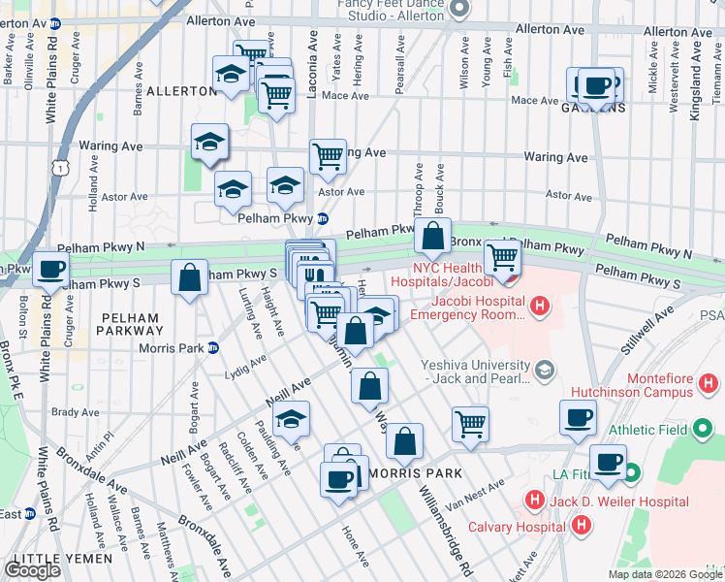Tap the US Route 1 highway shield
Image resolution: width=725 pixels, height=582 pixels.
[62, 169]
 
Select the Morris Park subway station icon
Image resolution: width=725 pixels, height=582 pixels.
[213, 348]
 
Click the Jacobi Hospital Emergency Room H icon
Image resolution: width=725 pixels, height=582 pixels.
[541, 308]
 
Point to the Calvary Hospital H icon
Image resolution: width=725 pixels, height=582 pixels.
[580, 526]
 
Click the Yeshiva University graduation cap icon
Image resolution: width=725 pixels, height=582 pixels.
[544, 370]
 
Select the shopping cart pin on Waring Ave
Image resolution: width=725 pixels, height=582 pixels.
[328, 155]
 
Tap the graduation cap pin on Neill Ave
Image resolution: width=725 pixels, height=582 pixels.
[290, 418]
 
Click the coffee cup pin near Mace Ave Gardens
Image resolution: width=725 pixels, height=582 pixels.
[594, 85]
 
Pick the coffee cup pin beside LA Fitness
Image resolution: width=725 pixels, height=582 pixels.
[608, 462]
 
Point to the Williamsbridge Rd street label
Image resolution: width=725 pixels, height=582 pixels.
[445, 528]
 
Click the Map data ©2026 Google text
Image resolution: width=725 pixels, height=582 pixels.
[664, 574]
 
